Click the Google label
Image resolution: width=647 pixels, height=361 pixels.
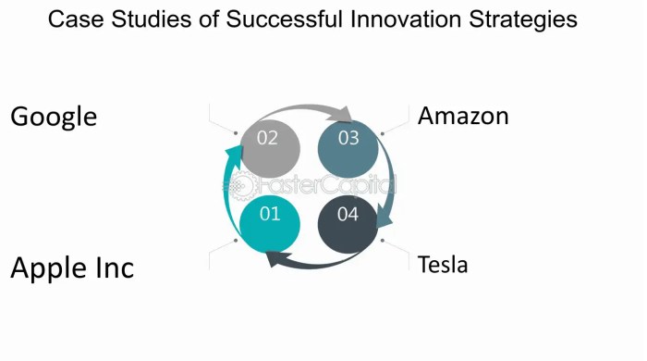(x=54, y=118)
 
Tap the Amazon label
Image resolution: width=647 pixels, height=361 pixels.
(x=463, y=117)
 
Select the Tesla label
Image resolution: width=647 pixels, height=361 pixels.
(x=443, y=265)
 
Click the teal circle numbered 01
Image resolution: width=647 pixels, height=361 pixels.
(x=269, y=218)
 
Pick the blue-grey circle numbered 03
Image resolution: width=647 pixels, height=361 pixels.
(x=348, y=140)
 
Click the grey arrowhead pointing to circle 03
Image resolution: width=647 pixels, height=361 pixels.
(x=345, y=116)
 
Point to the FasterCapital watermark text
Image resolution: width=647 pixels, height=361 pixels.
(x=319, y=183)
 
